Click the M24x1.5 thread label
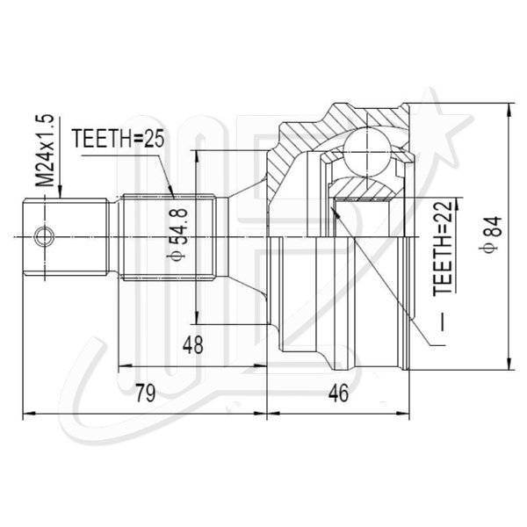[45, 150]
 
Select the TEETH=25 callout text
[119, 139]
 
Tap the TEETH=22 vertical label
[443, 249]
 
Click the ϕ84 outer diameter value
[491, 235]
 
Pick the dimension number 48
[193, 345]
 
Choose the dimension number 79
[145, 393]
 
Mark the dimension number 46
[338, 393]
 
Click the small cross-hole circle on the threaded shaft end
[44, 236]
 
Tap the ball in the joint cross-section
[367, 151]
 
